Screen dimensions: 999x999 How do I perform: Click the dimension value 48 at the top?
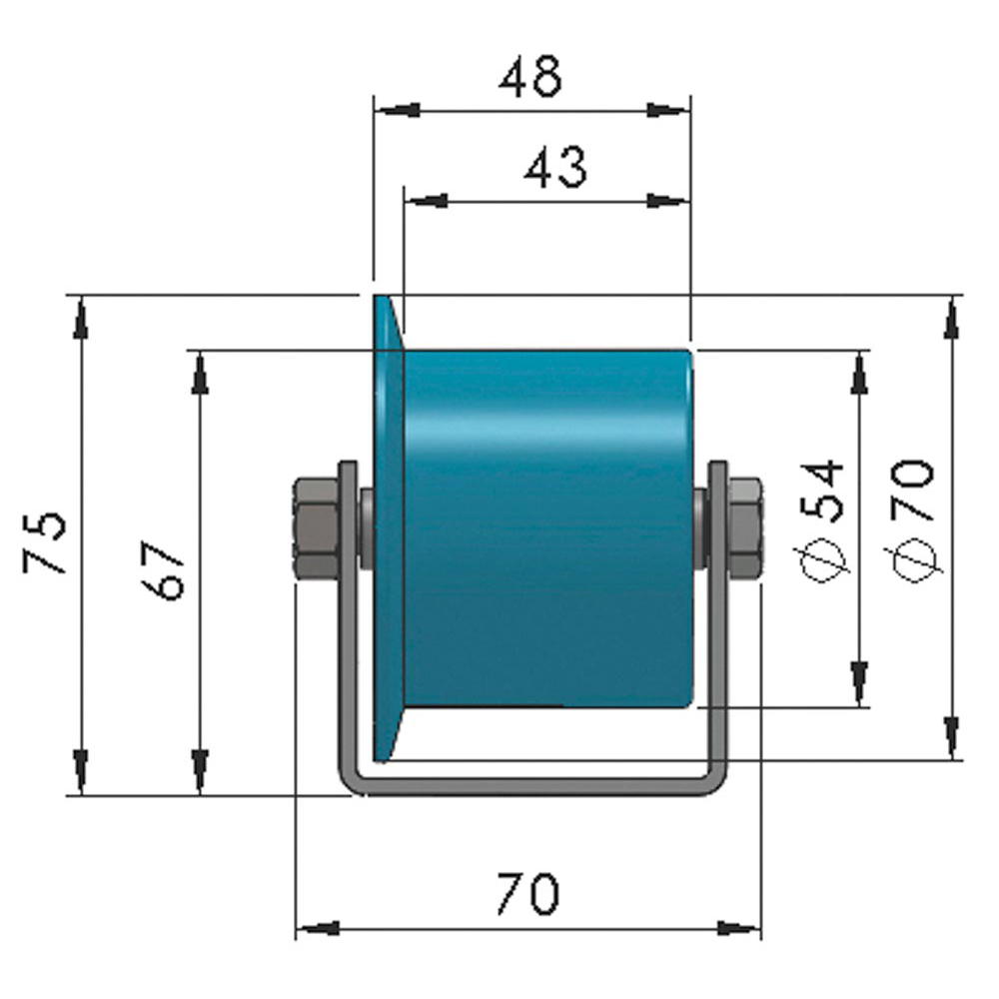(530, 77)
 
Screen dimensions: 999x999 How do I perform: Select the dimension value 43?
(555, 168)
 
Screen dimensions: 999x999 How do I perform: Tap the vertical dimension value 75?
(46, 542)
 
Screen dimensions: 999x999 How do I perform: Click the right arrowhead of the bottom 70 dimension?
(739, 929)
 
